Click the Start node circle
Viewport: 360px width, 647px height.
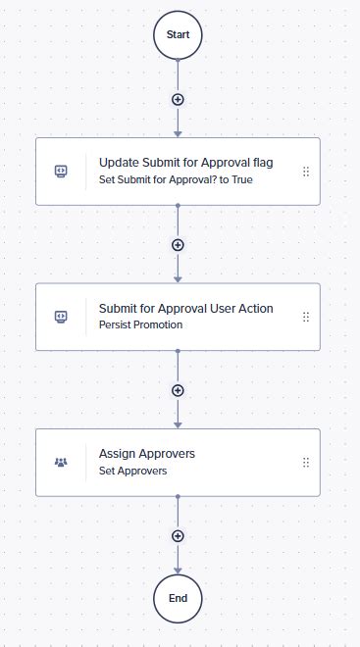(178, 35)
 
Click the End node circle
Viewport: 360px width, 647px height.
(178, 597)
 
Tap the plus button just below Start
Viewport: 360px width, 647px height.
(178, 99)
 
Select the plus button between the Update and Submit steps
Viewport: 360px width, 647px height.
(178, 244)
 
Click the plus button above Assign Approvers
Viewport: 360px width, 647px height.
(178, 389)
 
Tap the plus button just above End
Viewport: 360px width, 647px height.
(178, 535)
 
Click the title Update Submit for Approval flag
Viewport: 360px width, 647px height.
(185, 163)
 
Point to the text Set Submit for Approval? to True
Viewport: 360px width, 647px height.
(176, 179)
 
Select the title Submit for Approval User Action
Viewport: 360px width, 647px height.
(185, 309)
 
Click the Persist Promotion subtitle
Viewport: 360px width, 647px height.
(140, 324)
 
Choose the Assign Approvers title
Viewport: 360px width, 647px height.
(146, 454)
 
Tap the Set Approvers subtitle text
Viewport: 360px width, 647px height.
(132, 471)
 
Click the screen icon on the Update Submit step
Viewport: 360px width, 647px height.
(61, 171)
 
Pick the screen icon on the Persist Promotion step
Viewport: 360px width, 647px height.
(61, 317)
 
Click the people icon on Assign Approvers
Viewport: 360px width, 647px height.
(61, 462)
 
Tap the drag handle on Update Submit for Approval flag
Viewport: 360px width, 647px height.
(306, 171)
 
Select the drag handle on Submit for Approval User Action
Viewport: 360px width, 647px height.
(306, 317)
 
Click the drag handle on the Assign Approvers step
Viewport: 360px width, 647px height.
(306, 462)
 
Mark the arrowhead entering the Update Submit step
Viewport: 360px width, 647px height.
(178, 132)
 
